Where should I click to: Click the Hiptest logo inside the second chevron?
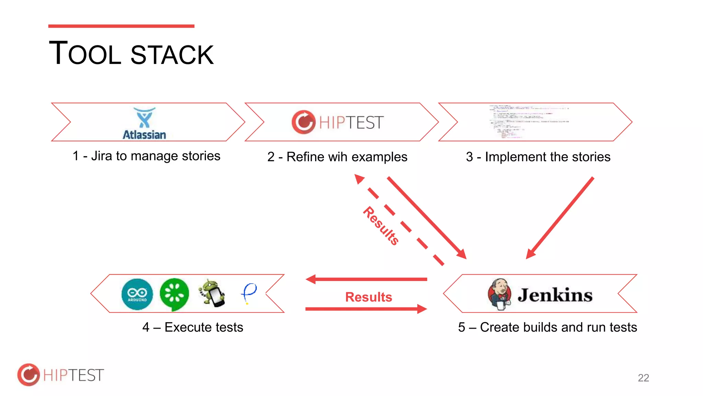click(337, 122)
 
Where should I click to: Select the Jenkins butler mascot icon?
click(499, 294)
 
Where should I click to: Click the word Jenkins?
click(555, 295)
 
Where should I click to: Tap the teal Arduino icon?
click(137, 294)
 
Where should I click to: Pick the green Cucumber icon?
click(174, 294)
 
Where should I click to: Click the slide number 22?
click(643, 378)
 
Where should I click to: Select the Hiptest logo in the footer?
click(60, 375)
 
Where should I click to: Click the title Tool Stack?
click(131, 54)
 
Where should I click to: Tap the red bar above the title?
click(121, 26)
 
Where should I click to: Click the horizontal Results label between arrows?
click(368, 297)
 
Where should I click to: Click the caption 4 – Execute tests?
click(193, 327)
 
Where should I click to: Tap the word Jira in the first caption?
click(102, 156)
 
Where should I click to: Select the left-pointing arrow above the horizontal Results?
click(366, 279)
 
